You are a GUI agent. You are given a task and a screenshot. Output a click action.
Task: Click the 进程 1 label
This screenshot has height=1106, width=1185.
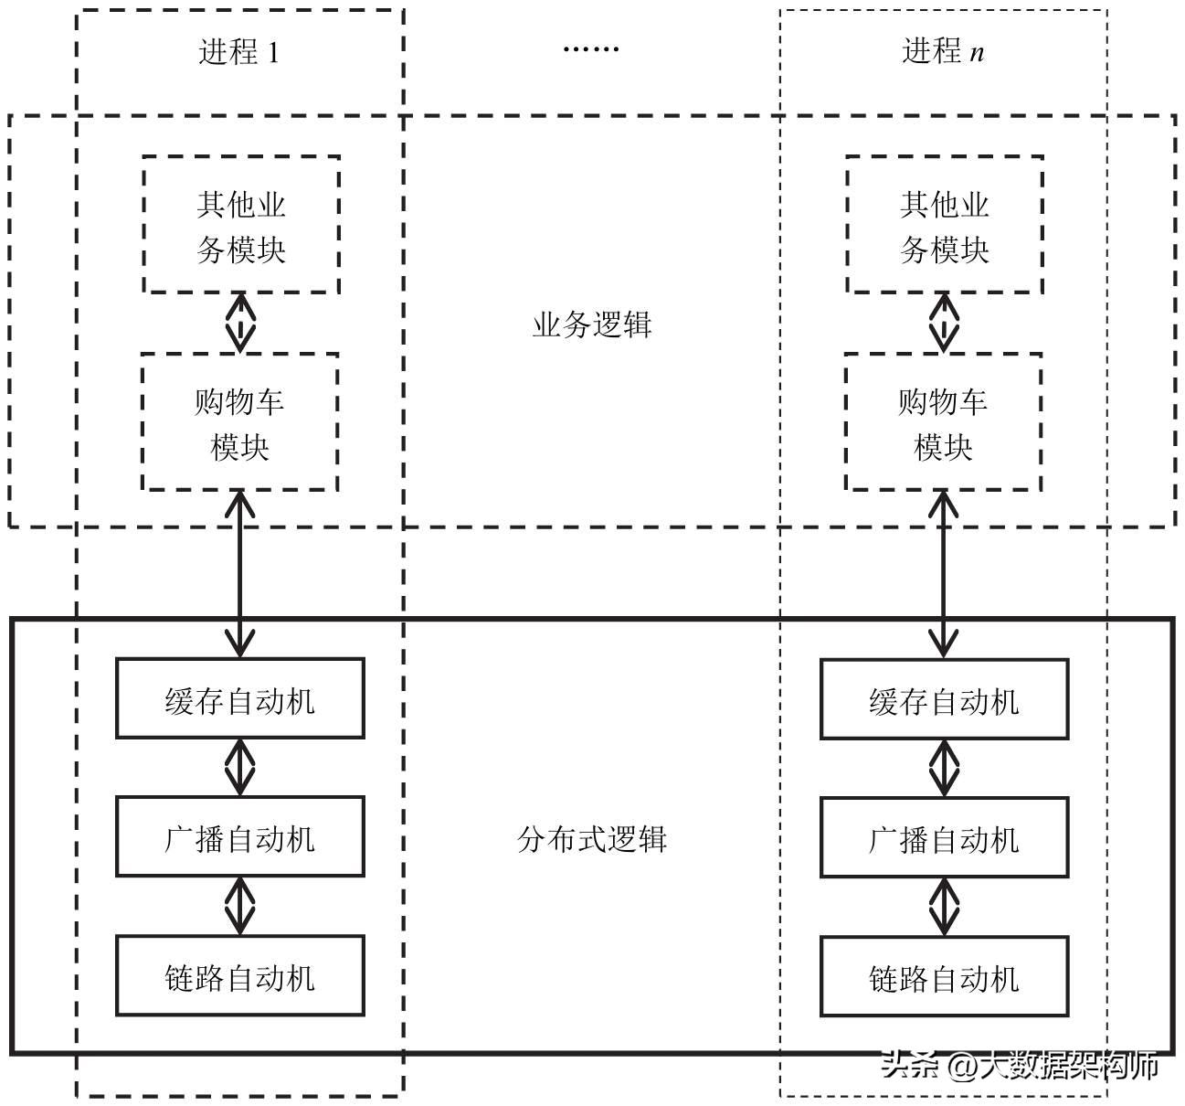coord(238,51)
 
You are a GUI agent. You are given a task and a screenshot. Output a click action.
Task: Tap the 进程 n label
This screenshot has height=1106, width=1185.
coord(943,51)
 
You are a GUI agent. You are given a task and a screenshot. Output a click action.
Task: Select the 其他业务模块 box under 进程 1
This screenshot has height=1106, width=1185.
coord(241,225)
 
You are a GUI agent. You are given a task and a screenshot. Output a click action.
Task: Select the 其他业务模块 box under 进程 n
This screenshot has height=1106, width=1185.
coord(945,225)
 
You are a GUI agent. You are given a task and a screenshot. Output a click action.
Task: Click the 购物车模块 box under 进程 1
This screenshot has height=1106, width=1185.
coord(240,422)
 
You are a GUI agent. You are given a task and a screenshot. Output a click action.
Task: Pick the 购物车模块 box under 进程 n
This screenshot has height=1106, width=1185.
coord(943,422)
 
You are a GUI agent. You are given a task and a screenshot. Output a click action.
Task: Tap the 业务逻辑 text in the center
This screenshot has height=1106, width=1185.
coord(592,324)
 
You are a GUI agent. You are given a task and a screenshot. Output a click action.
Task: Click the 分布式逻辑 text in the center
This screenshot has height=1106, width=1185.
coord(592,838)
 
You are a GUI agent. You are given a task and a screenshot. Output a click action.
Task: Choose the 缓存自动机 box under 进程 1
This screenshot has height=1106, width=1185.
coord(240,698)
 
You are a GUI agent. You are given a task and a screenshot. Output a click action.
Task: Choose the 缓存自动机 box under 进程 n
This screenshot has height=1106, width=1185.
coord(944,699)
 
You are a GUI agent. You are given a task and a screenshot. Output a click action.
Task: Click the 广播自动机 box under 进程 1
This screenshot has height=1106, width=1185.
coord(240,836)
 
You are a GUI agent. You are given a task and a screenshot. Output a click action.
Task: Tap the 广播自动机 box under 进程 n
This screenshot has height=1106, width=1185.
coord(944,837)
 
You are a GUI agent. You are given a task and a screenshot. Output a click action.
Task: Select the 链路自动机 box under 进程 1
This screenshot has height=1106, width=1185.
coord(240,975)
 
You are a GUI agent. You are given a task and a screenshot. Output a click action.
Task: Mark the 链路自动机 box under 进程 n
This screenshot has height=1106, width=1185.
coord(944,976)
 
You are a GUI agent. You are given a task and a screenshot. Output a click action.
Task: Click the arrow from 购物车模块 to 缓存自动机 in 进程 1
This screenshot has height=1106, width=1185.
coord(240,574)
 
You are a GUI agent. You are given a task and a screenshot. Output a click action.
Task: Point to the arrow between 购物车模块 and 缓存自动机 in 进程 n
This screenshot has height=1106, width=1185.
coord(943,574)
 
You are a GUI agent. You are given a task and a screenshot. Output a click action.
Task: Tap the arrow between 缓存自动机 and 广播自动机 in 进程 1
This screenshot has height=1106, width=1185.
coord(240,767)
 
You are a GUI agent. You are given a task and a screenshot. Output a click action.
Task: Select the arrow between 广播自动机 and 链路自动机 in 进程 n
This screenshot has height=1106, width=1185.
coord(944,907)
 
